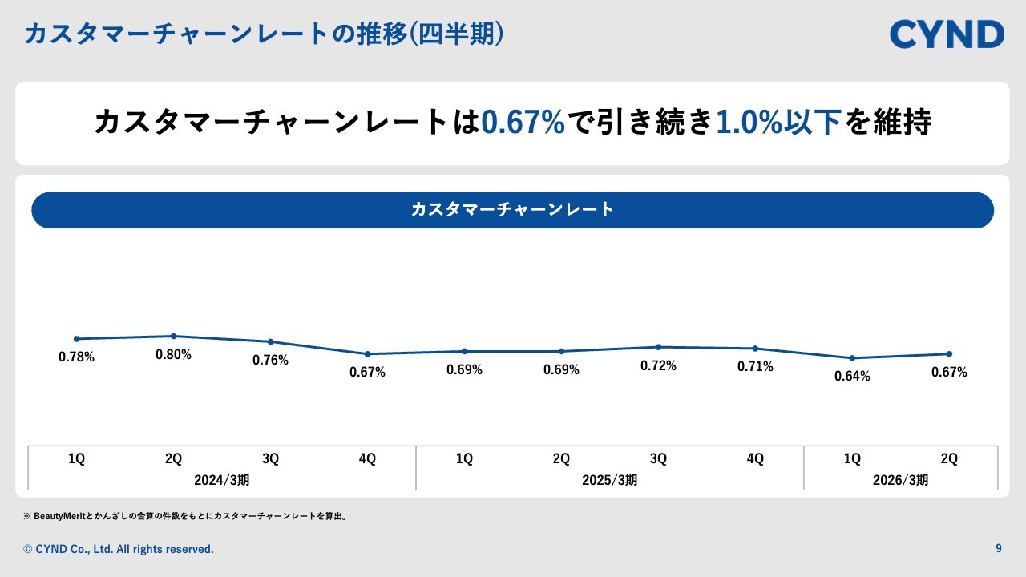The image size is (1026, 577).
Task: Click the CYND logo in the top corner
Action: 947,34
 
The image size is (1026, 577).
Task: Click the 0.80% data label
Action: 173,355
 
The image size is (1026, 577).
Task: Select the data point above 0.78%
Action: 77,339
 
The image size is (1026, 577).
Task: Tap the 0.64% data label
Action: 852,377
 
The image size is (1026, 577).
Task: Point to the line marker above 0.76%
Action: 270,342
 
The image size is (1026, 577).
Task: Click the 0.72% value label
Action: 658,366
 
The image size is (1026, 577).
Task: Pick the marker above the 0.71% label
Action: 755,349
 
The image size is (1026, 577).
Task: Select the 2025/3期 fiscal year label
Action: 609,481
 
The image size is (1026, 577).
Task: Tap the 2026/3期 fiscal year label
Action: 900,481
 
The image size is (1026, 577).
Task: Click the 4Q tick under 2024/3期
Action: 367,459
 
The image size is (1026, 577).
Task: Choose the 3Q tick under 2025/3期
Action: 658,459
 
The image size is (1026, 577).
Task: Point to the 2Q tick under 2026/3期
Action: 949,459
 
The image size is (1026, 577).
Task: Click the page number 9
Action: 998,549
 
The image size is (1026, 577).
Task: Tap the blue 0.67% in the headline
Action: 523,123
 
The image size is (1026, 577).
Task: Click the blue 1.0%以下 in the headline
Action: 778,123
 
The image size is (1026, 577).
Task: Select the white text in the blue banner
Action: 512,210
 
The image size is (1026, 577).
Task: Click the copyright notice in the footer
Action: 119,549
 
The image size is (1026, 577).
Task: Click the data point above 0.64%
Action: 852,358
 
